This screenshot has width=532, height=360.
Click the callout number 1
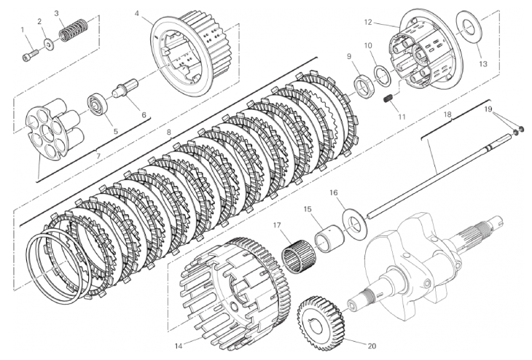[x=23, y=30]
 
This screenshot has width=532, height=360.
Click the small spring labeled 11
[x=389, y=98]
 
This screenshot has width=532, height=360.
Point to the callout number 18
[x=447, y=115]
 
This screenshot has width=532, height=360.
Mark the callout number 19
[x=488, y=109]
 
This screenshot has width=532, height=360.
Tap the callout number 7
[x=98, y=154]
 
